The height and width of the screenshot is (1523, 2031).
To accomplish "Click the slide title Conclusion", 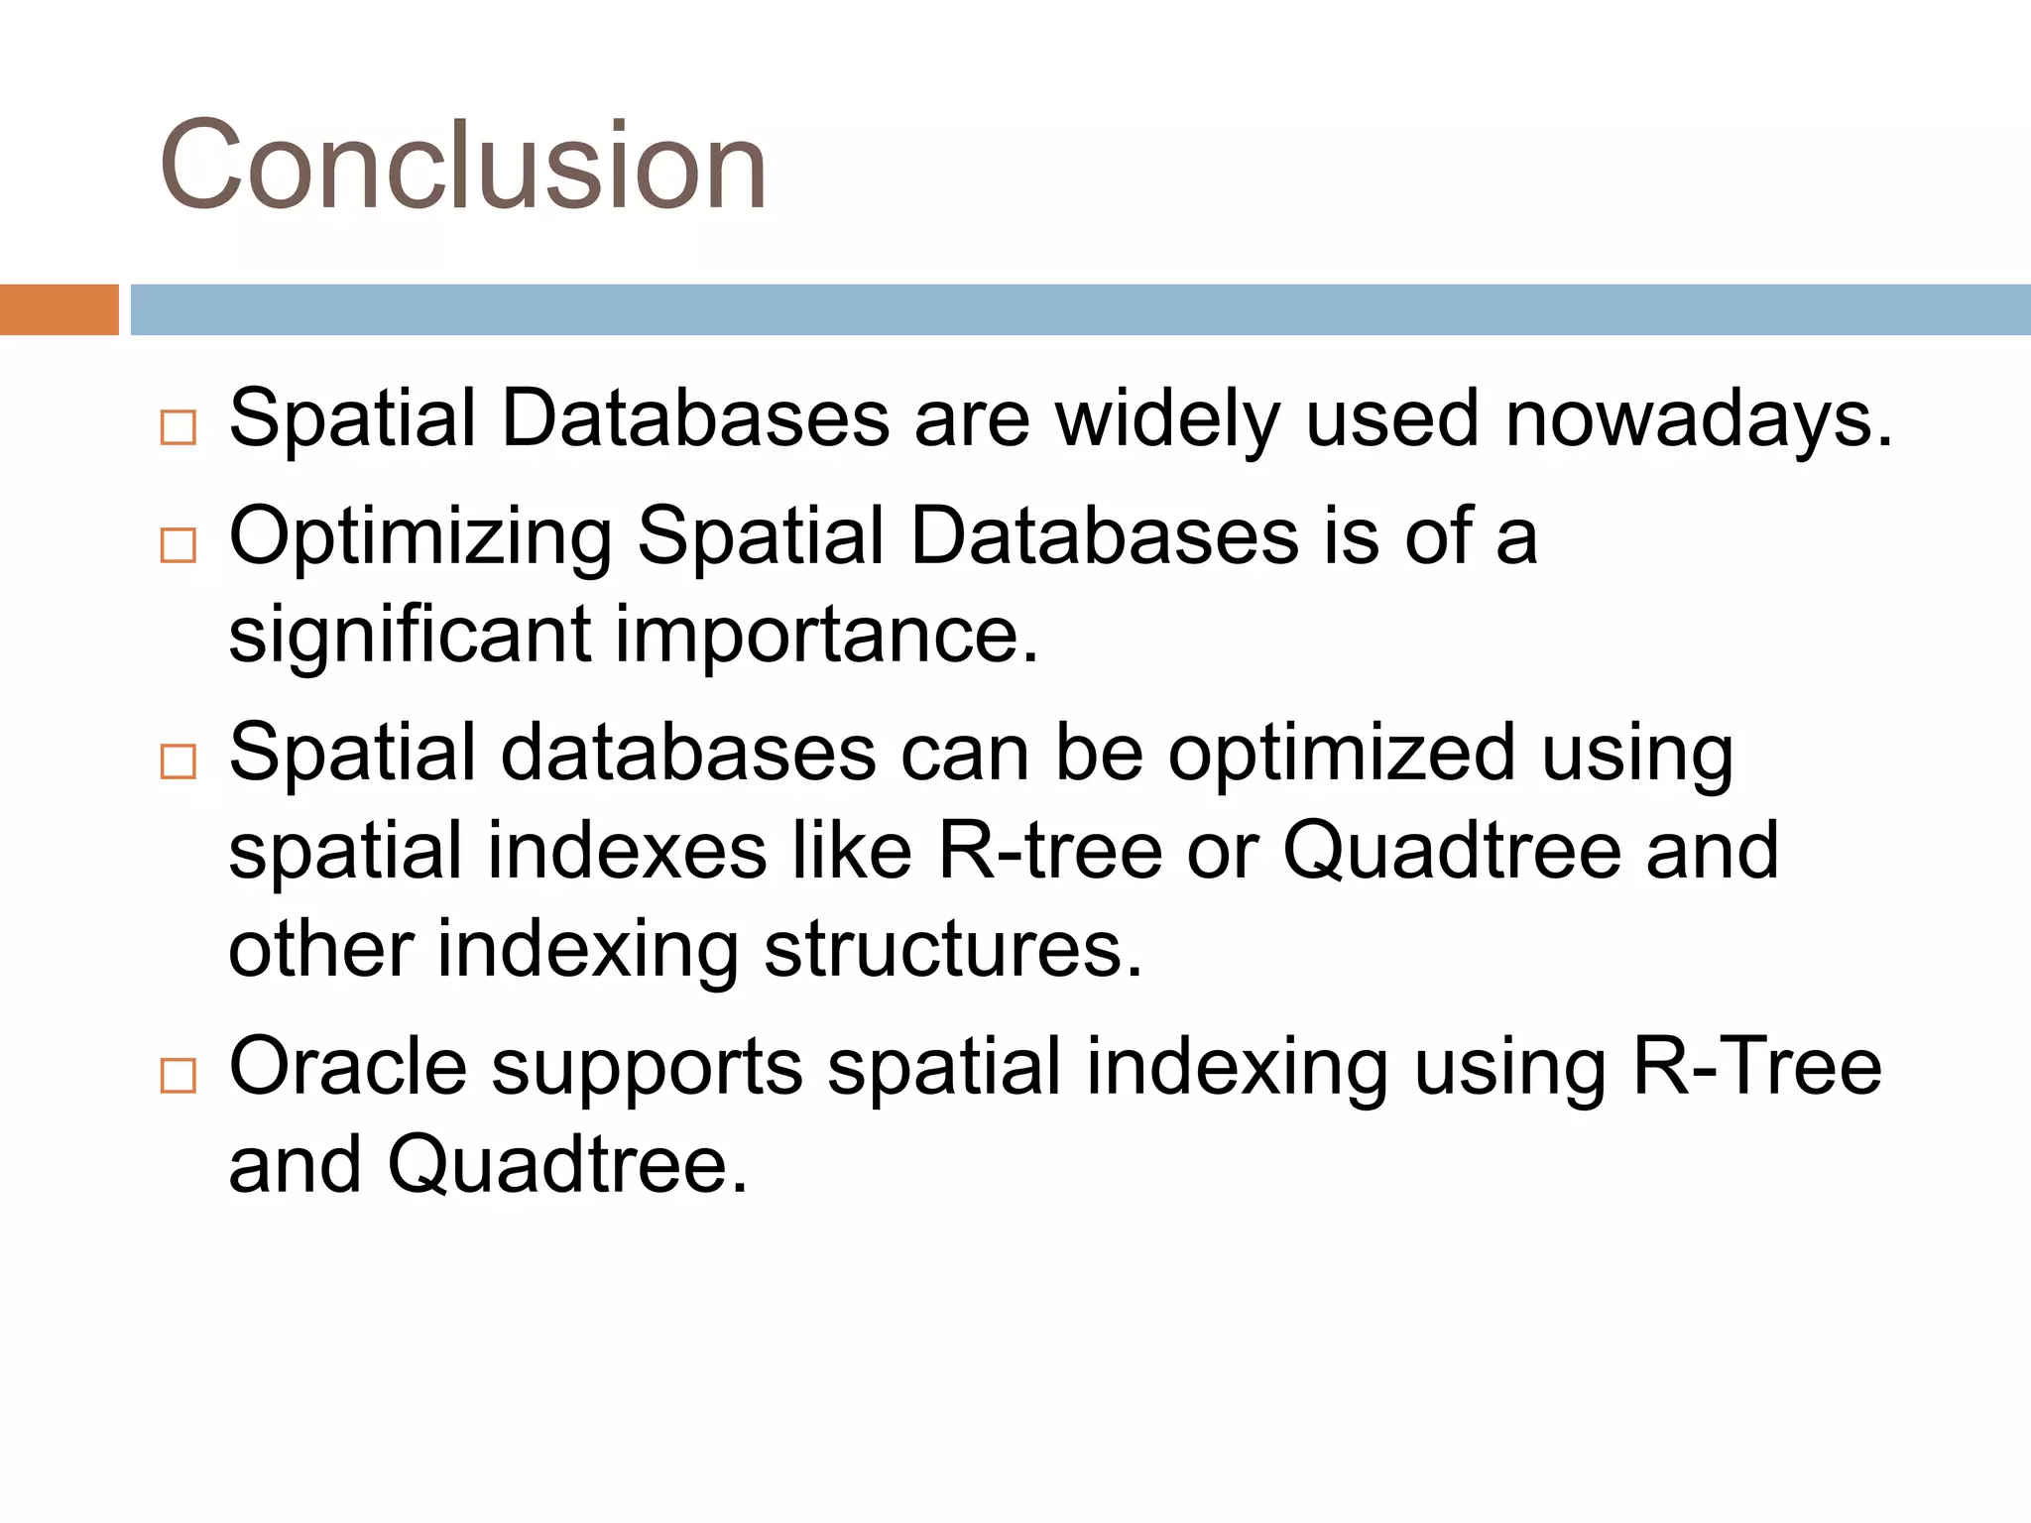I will [x=462, y=165].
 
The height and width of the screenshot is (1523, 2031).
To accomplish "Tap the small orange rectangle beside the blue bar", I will [x=59, y=309].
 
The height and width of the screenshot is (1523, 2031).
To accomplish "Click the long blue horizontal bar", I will [x=1079, y=309].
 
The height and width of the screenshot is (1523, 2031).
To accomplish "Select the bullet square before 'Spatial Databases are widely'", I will [x=179, y=427].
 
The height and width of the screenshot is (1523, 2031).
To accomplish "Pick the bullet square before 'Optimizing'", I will [x=179, y=545].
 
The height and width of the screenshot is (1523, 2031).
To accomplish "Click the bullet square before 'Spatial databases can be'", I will [x=179, y=761].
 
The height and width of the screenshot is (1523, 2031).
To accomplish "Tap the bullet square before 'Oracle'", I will [x=179, y=1075].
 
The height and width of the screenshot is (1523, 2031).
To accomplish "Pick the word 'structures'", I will [x=952, y=950].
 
